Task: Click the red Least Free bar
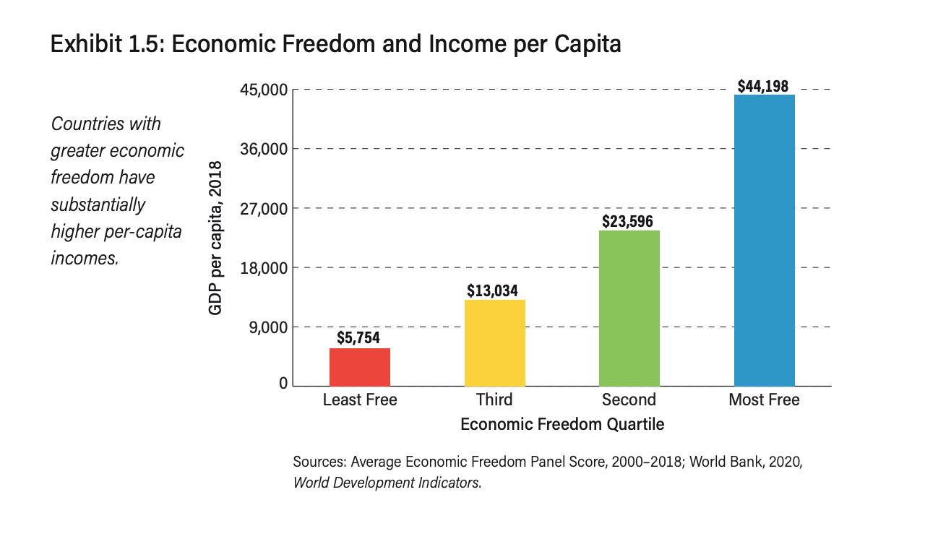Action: [360, 367]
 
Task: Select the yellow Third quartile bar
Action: [494, 342]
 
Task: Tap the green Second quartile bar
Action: [629, 308]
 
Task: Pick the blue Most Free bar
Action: [764, 240]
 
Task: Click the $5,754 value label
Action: [358, 337]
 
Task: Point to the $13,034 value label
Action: [492, 290]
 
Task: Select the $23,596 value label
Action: [627, 221]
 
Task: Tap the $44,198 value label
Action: [763, 86]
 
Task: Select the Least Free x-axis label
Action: [360, 400]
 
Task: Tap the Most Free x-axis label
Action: [764, 400]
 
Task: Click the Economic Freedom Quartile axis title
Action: [562, 423]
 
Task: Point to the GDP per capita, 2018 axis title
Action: [215, 238]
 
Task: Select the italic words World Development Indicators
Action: [386, 482]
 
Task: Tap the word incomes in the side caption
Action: [85, 258]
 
